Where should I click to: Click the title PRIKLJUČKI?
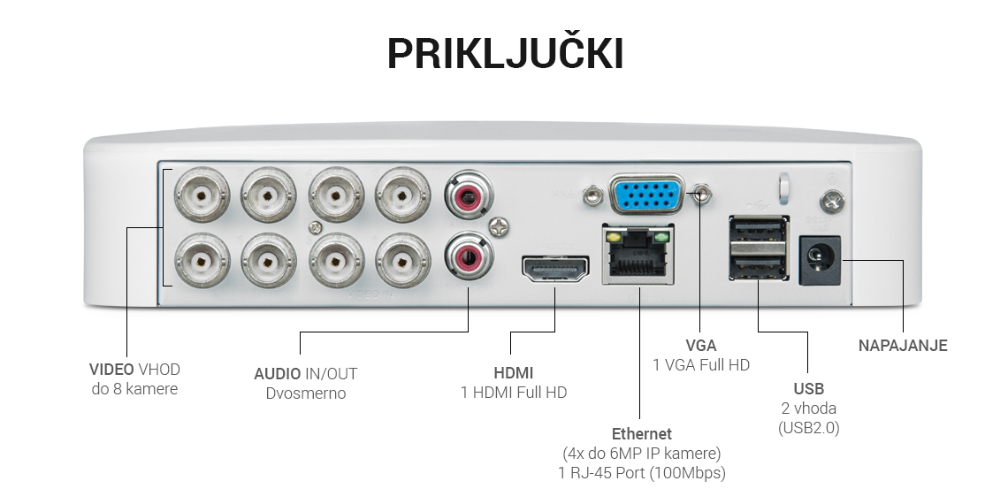[505, 55]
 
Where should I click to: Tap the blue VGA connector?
[646, 195]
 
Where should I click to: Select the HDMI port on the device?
[555, 270]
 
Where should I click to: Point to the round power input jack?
[820, 260]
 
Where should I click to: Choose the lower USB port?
[759, 263]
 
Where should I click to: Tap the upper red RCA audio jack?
[469, 194]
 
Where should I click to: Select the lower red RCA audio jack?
[469, 257]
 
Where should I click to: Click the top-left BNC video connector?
[202, 195]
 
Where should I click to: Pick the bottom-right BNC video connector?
[402, 261]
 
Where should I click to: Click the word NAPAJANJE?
[903, 346]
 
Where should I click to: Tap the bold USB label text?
[808, 389]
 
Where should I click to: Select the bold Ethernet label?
[641, 434]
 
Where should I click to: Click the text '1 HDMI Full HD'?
[513, 393]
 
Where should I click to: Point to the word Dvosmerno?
[305, 393]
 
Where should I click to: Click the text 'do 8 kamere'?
[134, 389]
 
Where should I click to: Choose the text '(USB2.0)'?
[808, 428]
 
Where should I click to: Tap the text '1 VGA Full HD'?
[700, 365]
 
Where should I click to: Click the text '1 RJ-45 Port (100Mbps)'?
[641, 473]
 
